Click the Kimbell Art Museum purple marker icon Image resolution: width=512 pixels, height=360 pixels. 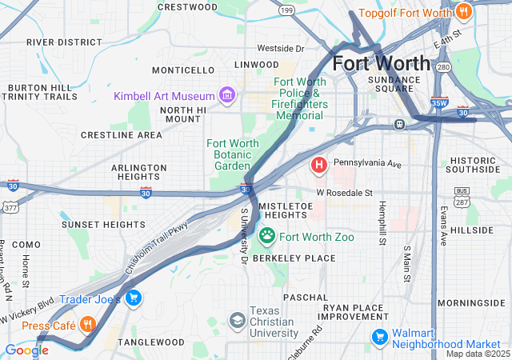pos(227,96)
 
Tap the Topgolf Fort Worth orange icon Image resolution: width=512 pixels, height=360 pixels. pos(463,12)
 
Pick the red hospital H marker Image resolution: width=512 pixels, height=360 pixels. pos(318,166)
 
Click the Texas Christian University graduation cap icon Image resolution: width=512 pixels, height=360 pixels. pos(238,321)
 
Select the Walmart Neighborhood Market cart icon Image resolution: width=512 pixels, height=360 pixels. pos(379,338)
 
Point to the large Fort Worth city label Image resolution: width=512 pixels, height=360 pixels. pos(381,62)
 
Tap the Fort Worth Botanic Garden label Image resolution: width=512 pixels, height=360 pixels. pos(233,154)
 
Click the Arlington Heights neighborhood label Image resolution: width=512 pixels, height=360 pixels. pos(138,173)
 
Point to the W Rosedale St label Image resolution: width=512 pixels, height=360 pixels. pos(344,193)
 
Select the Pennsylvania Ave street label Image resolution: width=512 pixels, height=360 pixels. pos(367,163)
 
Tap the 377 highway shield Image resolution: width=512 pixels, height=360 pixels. pos(10,206)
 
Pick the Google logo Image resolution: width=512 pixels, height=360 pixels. pos(26,350)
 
